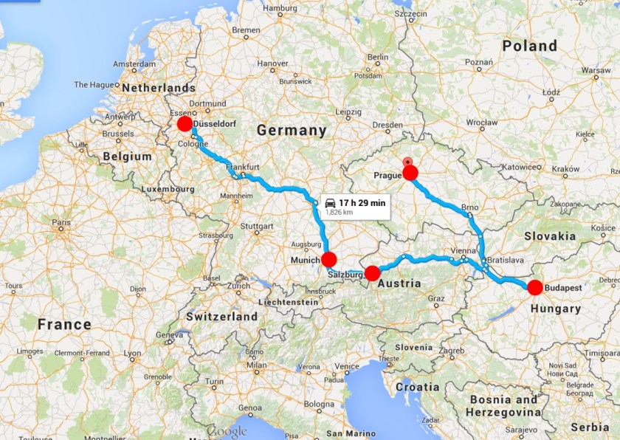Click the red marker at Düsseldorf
[x=185, y=124]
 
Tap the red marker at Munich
[x=329, y=259]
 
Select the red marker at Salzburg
[x=373, y=272]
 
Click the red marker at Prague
[x=410, y=173]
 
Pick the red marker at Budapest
[x=534, y=286]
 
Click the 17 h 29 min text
[x=362, y=202]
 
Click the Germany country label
[x=291, y=131]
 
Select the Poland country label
[x=529, y=46]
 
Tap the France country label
[x=65, y=324]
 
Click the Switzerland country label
[x=221, y=317]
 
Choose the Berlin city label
[x=378, y=57]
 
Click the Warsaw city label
[x=596, y=71]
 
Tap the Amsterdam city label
[x=134, y=64]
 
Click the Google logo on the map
[x=227, y=431]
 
